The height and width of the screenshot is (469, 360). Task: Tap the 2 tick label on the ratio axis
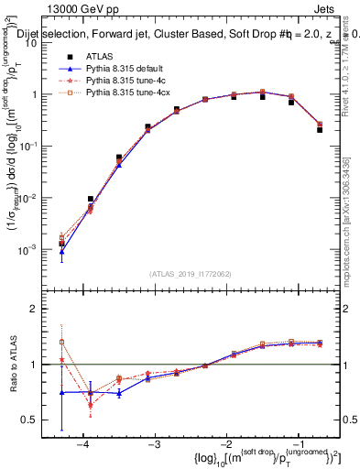[41, 309]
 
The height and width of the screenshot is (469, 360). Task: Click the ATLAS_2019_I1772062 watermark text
[191, 273]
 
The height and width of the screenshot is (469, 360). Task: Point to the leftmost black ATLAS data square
[61, 244]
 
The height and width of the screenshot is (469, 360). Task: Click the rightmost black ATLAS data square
[320, 129]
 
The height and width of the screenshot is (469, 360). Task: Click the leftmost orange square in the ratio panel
[61, 342]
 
